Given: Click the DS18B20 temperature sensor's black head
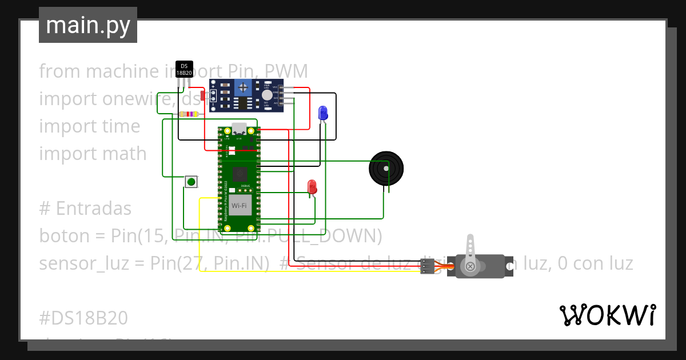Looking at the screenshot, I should (x=184, y=69).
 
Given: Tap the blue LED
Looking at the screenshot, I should (x=323, y=112).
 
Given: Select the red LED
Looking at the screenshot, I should (x=312, y=186).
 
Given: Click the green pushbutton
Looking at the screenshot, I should (x=191, y=182).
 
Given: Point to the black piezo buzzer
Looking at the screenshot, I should (x=386, y=168).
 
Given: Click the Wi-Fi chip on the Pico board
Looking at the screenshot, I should (x=239, y=205).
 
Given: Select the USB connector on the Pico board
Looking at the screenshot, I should (x=239, y=129).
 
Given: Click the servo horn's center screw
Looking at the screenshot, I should (x=470, y=266).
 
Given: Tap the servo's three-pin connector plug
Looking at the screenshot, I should (x=427, y=266).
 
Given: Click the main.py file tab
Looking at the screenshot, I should (x=88, y=25).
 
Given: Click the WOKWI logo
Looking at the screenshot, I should (x=607, y=315).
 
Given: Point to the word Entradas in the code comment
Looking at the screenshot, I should (x=93, y=209).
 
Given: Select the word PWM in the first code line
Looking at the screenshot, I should (x=287, y=71).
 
